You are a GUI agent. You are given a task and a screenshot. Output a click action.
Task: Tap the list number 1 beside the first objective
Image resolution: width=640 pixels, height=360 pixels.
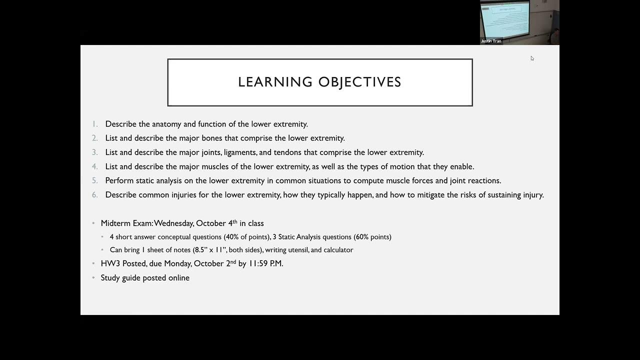pos(95,124)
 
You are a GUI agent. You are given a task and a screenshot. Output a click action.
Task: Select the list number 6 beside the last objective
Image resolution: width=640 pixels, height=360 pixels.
pos(95,195)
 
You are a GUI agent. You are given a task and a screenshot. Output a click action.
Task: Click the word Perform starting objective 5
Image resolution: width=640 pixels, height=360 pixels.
pos(119,180)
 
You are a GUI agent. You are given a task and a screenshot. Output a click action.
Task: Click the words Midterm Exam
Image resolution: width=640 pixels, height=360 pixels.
pos(126,223)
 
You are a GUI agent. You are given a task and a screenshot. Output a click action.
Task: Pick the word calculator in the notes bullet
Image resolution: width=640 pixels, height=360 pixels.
pos(337,250)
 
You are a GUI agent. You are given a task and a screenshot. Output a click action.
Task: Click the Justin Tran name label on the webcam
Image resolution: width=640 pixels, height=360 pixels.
pos(491,41)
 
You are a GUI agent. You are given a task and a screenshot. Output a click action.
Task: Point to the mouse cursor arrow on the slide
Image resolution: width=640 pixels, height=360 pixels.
pos(532,58)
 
